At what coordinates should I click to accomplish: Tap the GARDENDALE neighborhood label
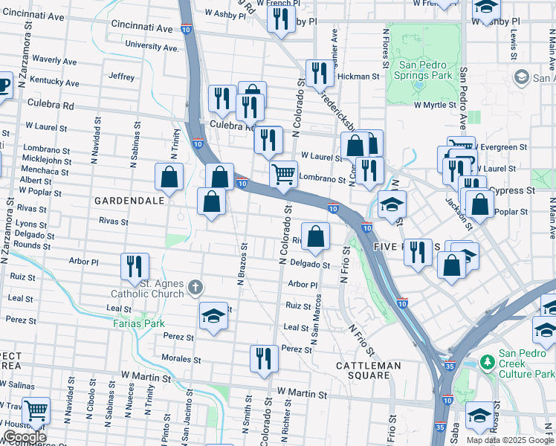tap(128, 201)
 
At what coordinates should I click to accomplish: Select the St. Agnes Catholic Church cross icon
tap(195, 286)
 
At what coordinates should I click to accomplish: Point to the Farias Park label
tap(139, 323)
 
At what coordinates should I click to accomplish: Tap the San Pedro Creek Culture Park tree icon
tap(488, 361)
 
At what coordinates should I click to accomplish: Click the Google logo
tap(25, 438)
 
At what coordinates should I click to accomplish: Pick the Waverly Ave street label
tap(55, 60)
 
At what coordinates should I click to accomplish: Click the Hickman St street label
tap(358, 77)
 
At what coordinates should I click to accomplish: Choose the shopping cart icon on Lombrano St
tap(283, 175)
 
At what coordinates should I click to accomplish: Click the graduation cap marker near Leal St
tap(213, 315)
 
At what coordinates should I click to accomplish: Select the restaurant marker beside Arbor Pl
tap(135, 267)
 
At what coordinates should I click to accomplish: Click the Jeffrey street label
tap(121, 77)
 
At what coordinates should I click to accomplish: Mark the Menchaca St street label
tap(45, 172)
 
